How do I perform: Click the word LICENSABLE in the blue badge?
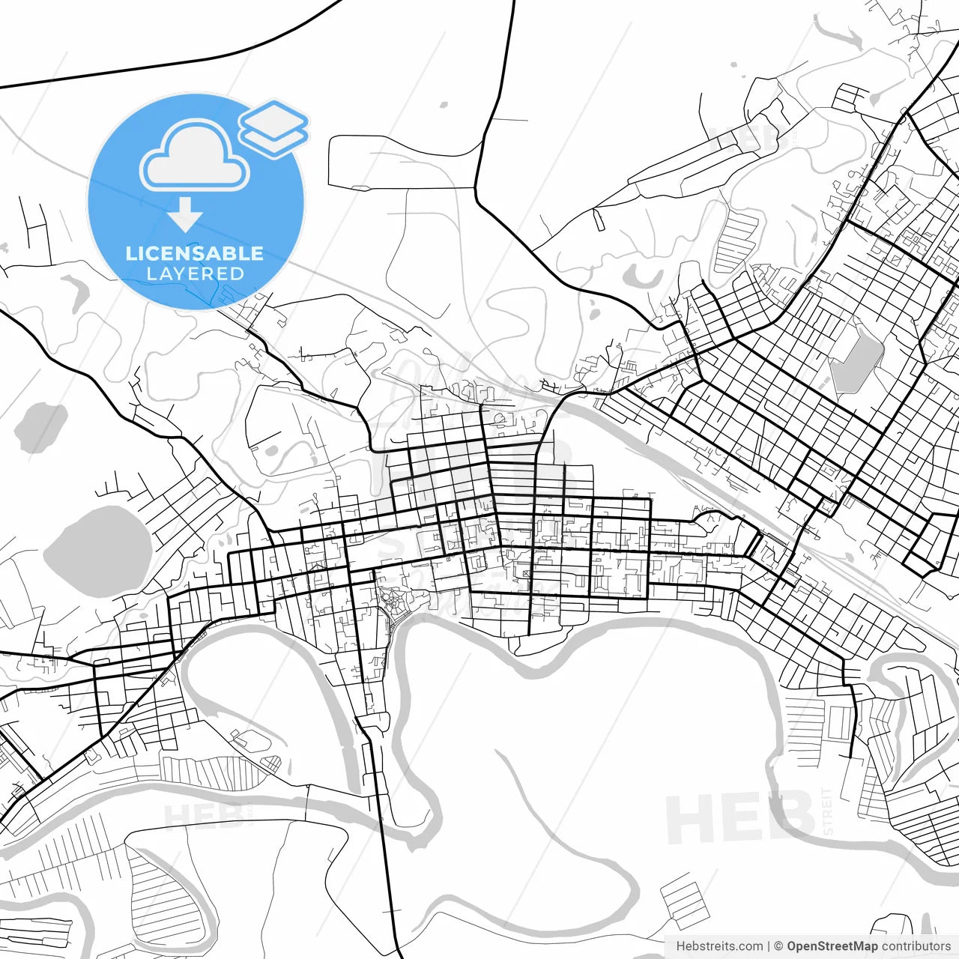(x=194, y=253)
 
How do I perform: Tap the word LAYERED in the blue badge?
(x=195, y=273)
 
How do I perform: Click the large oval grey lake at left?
(x=98, y=552)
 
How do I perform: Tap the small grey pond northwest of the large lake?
(x=41, y=428)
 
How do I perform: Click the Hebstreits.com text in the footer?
(x=719, y=946)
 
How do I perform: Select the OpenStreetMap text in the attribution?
(x=832, y=946)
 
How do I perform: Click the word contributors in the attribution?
(x=916, y=946)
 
